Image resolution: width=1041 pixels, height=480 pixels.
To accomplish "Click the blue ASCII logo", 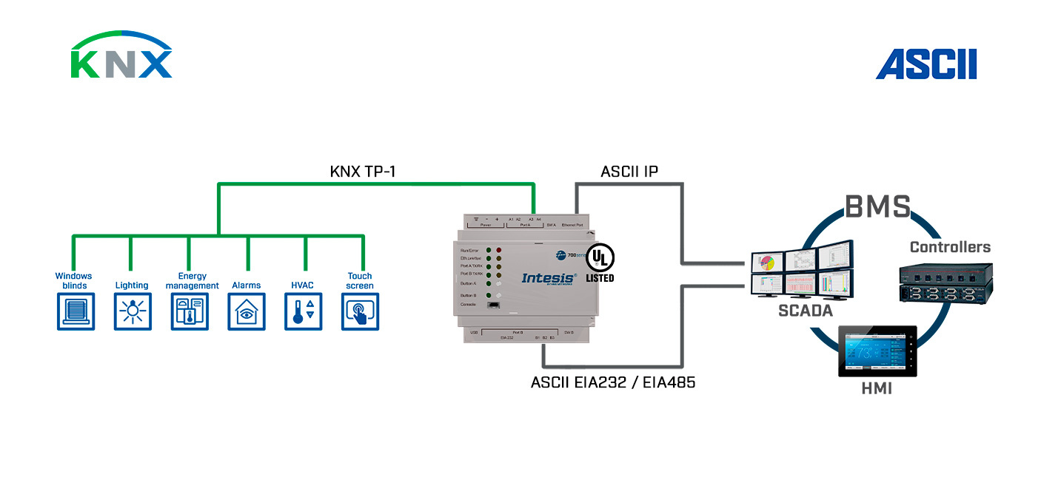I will pos(926,64).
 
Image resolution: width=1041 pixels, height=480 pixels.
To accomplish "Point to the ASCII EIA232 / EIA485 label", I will pos(613,382).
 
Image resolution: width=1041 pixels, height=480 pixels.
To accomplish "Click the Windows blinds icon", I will pos(76,311).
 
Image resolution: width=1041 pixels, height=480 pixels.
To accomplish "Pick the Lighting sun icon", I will pos(133,311).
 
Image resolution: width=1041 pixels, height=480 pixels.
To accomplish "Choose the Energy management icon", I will pos(190,311).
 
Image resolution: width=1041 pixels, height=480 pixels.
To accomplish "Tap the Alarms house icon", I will pos(247,311).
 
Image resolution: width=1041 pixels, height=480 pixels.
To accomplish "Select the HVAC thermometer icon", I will pos(304,311).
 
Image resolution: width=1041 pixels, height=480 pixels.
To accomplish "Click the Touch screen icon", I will pos(361,311).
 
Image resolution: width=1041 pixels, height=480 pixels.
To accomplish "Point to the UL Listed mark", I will pos(600,263).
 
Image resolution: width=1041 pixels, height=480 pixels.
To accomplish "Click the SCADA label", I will pos(806,311).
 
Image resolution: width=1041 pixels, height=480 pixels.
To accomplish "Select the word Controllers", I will pos(950,247).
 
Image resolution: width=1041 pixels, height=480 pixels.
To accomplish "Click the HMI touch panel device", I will pos(877,351).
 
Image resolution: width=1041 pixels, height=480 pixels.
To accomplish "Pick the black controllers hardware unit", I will pos(945,283).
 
